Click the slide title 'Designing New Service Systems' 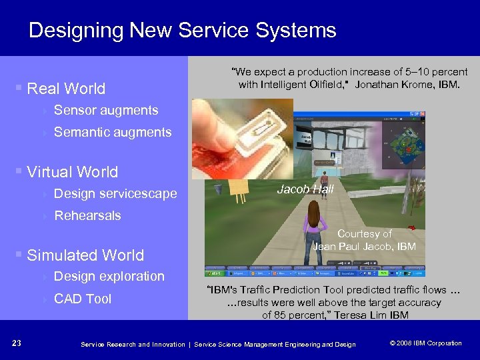(x=182, y=30)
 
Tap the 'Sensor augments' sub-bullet (x=105, y=111)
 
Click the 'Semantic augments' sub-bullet (x=112, y=133)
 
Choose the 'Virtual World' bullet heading (x=72, y=172)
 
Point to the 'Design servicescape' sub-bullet (x=115, y=194)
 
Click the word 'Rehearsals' (x=87, y=215)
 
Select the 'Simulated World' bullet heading (x=85, y=255)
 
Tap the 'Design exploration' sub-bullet (x=109, y=277)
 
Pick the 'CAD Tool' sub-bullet (x=82, y=299)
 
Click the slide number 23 (x=17, y=343)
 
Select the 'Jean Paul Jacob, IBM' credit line (x=364, y=247)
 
